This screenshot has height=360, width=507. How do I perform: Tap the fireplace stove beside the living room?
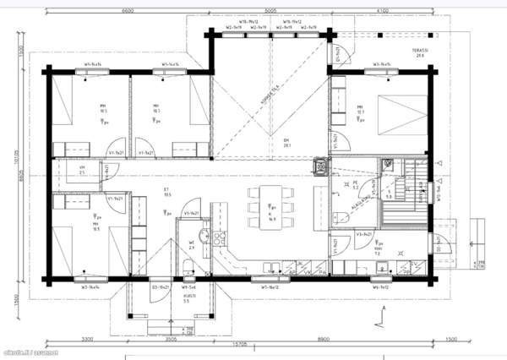(x=319, y=166)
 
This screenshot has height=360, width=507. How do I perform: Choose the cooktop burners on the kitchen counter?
(x=222, y=237)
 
